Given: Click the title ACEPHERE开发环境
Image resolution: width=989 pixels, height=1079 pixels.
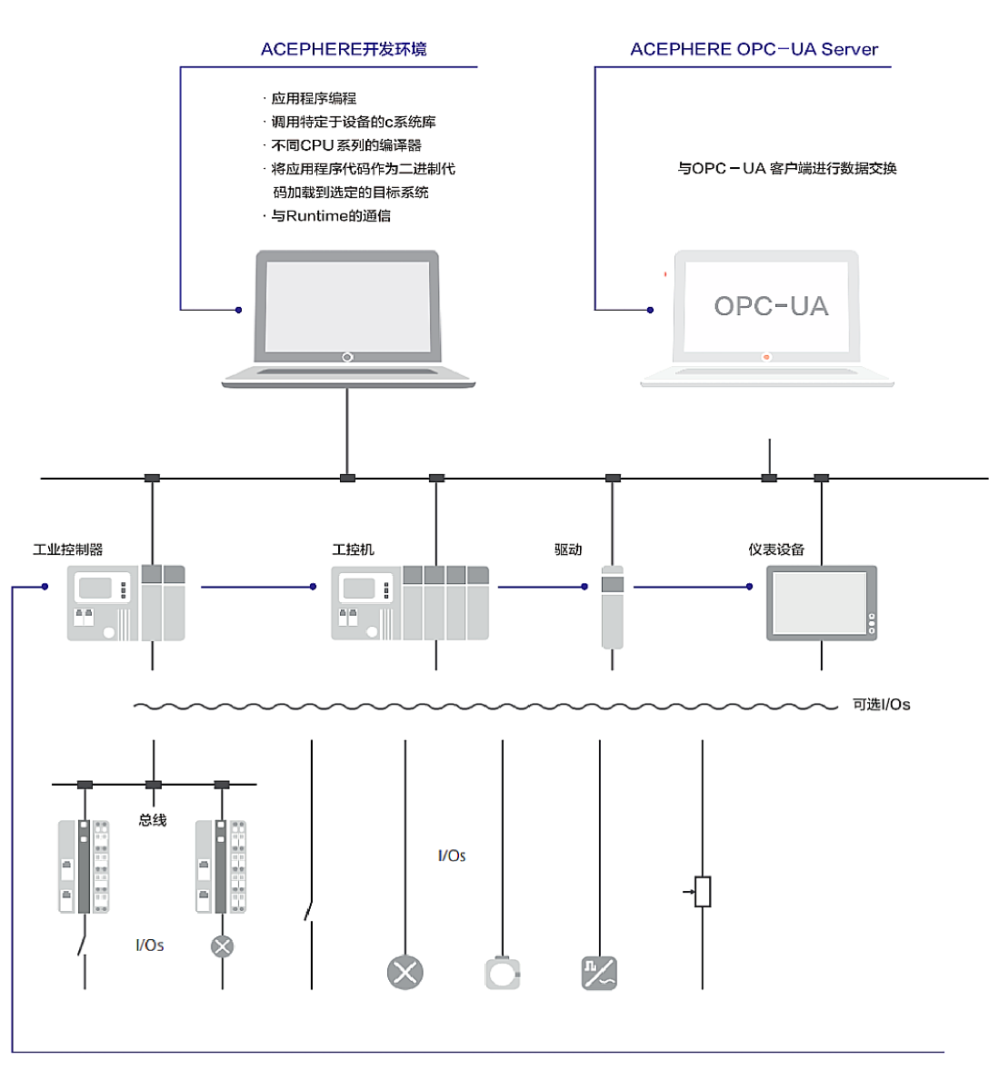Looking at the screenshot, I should coord(344,49).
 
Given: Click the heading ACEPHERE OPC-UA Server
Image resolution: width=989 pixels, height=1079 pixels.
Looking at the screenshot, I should coord(754,49).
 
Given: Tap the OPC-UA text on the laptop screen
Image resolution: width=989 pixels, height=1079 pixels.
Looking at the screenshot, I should coord(771,306).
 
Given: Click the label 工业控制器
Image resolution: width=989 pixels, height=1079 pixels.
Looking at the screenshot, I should coord(68,549).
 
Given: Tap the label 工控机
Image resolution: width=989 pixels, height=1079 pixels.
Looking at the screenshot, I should coord(353,549).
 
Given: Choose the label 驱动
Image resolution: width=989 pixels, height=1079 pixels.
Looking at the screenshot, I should coord(568,549).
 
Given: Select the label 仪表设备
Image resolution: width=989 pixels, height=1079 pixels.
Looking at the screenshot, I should coord(776,549).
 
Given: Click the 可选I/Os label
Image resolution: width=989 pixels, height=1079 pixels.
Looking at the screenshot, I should coord(881,705).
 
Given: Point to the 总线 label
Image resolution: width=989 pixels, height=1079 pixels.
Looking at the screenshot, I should coord(153,820).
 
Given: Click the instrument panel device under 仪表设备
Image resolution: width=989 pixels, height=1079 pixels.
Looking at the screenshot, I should coord(821,603).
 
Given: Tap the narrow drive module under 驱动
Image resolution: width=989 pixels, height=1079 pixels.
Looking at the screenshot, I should coord(612,606).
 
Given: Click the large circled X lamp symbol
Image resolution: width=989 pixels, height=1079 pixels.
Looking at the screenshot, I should coord(405,973).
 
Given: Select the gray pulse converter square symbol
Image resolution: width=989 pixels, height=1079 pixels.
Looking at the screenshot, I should coord(599,973).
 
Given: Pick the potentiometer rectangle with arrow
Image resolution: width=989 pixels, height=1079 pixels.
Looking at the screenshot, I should coord(702,892).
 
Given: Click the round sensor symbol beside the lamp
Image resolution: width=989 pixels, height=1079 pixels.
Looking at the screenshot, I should coord(502,973).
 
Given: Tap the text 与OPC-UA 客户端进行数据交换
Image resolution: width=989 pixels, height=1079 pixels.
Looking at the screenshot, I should coord(787,168).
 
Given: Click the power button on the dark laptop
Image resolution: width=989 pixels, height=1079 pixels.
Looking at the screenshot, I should coord(347,357).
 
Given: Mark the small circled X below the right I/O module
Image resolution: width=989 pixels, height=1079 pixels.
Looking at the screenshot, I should coord(222,946).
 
